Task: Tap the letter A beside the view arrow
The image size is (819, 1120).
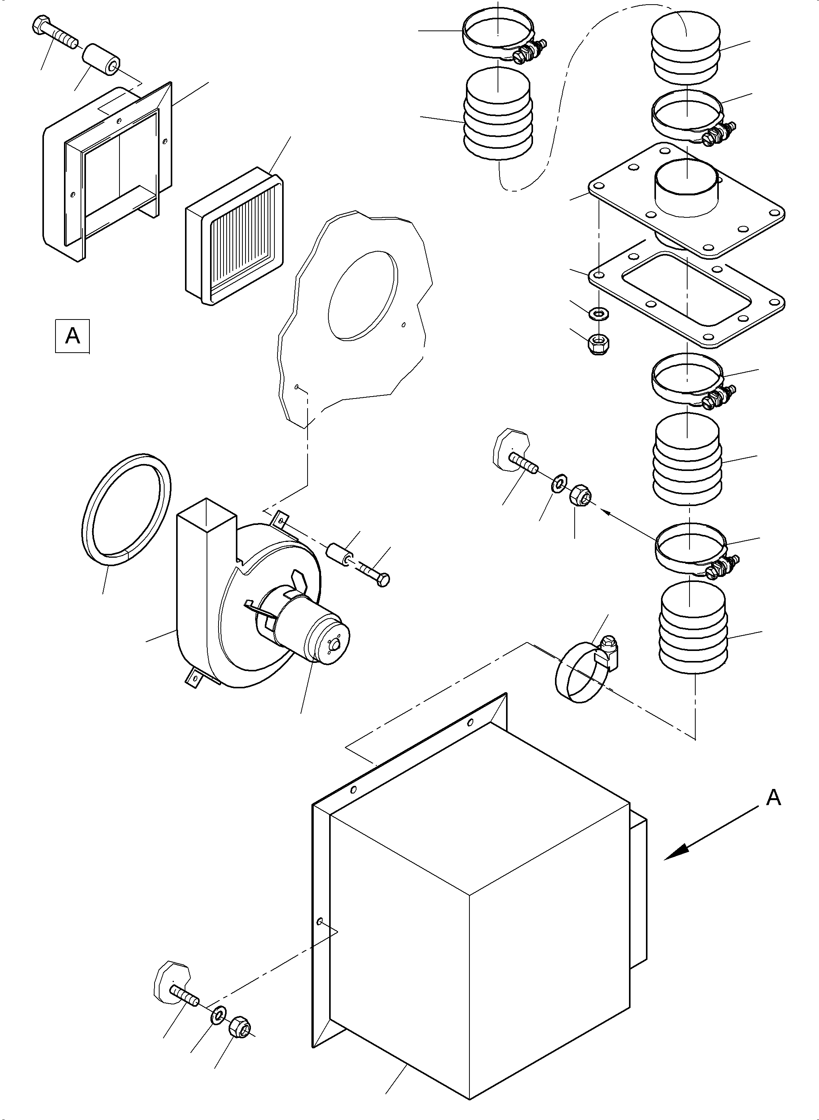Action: (774, 798)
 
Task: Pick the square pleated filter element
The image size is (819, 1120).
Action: (235, 235)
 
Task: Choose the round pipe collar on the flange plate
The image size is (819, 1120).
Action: (687, 191)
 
